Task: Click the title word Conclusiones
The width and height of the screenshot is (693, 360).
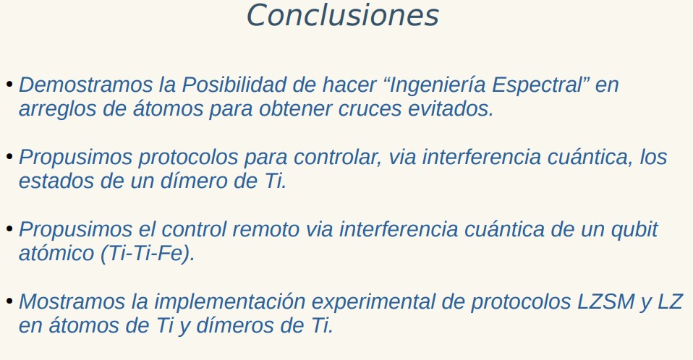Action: (x=343, y=15)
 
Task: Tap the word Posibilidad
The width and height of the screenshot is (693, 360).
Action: (x=234, y=85)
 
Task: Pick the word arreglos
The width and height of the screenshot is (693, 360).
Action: (x=57, y=108)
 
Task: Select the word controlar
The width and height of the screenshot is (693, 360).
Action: (x=337, y=158)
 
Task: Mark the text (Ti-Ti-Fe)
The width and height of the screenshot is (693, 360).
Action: (x=148, y=254)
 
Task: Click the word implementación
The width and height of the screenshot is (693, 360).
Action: (x=229, y=302)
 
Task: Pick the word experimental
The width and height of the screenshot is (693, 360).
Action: (x=388, y=302)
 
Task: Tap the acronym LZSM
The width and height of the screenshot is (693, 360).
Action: (x=606, y=301)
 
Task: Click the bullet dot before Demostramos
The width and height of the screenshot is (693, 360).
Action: (x=9, y=85)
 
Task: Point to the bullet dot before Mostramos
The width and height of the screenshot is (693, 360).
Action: (x=9, y=301)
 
